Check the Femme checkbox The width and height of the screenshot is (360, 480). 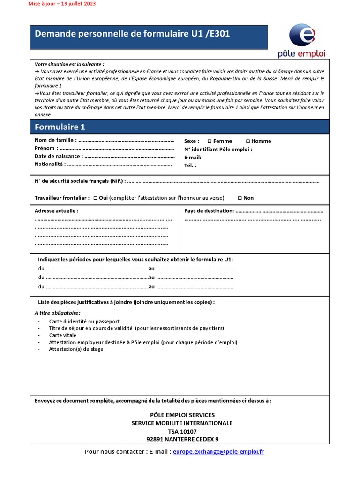click(x=210, y=141)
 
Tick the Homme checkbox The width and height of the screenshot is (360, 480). click(x=248, y=141)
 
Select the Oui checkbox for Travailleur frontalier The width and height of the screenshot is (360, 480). click(x=95, y=198)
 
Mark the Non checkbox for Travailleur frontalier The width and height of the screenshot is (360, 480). click(x=240, y=198)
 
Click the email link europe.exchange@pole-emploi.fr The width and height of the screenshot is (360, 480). click(x=218, y=451)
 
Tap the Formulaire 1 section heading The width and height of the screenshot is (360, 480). click(x=60, y=127)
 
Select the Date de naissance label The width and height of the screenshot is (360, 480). click(x=59, y=156)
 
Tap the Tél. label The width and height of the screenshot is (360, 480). click(x=190, y=165)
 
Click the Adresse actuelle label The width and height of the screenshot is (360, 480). click(x=56, y=211)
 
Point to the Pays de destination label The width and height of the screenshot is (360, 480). click(x=209, y=211)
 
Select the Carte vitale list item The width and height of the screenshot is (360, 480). click(x=62, y=335)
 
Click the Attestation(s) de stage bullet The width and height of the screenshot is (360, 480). click(x=76, y=349)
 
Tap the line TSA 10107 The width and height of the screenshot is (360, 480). click(x=182, y=431)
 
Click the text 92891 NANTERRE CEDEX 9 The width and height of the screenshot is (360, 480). click(x=182, y=439)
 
